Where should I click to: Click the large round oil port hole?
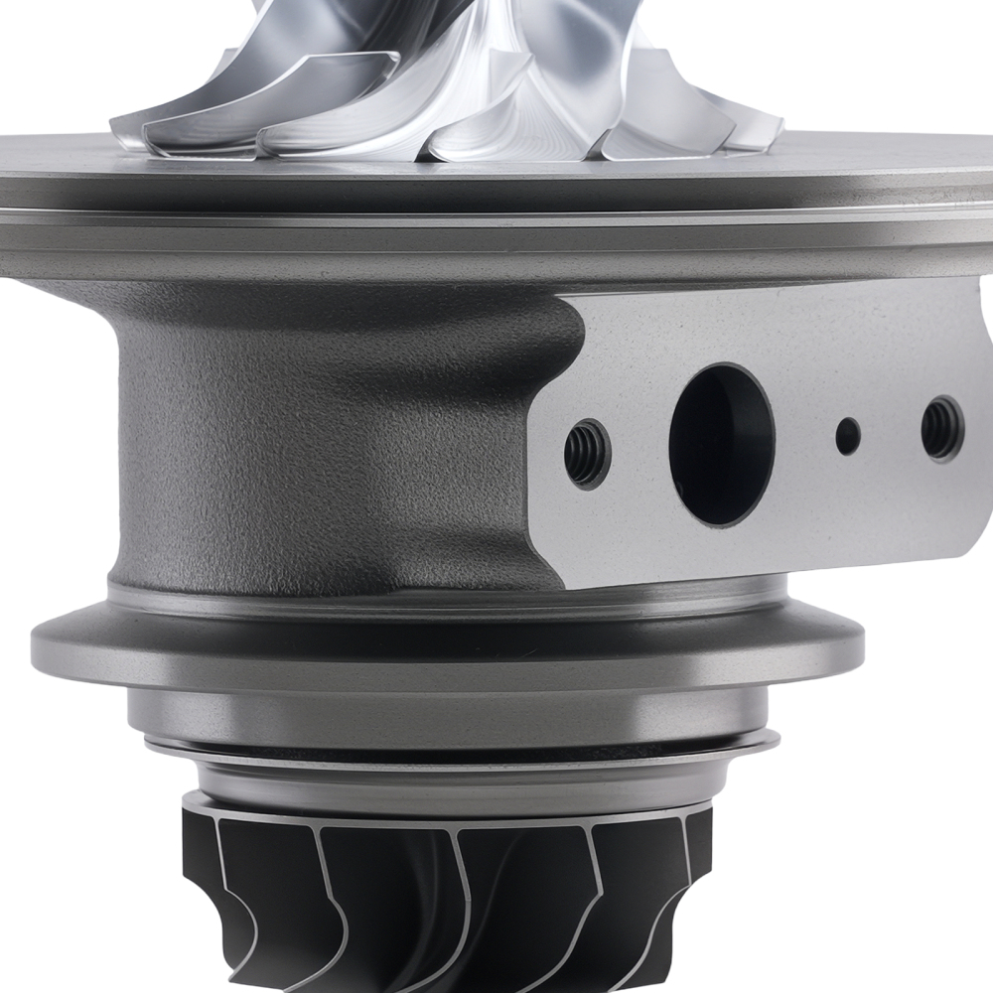[x=722, y=444]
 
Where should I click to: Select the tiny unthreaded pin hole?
[x=847, y=434]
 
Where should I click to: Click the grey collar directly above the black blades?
[x=447, y=784]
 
